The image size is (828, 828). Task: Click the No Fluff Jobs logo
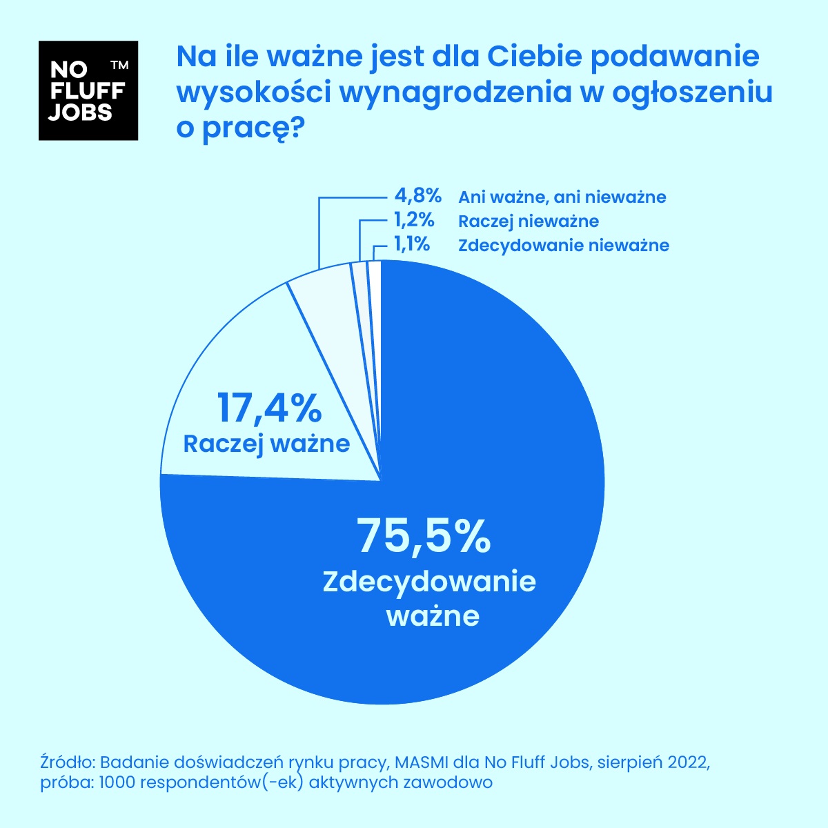click(88, 90)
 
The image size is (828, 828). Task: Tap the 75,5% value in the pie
click(423, 536)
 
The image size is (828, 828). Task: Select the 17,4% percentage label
click(270, 407)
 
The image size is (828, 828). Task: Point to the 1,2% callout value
click(413, 221)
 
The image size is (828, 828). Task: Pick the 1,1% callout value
click(412, 244)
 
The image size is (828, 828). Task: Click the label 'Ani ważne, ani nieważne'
click(562, 197)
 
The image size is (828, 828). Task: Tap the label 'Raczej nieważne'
click(529, 221)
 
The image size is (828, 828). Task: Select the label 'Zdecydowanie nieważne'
click(564, 245)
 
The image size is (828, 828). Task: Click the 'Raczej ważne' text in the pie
click(266, 443)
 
